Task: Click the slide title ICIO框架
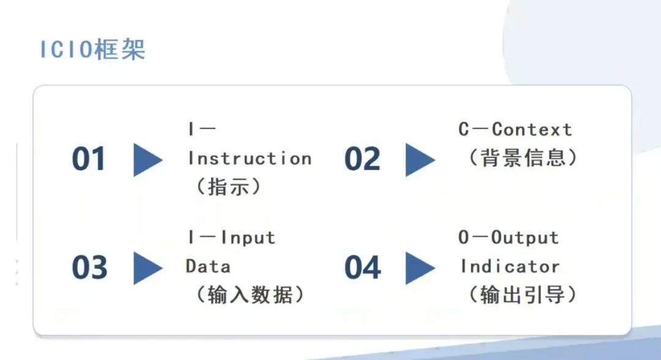coord(93,50)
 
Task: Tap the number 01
coord(89,159)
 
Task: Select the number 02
coord(362,159)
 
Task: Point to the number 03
coord(89,268)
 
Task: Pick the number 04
coord(362,268)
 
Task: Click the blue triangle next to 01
coord(148,160)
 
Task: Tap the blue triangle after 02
coord(420,160)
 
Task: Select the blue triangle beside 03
coord(148,268)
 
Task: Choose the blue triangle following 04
coord(420,268)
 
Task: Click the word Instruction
coord(250,159)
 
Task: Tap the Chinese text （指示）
coord(228,186)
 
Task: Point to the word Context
coord(532,129)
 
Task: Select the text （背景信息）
coord(523,158)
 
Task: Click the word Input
coord(248,238)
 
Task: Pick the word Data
coord(208,267)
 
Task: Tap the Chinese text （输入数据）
coord(250,294)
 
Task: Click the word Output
coord(525,238)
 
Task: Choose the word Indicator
coord(510,267)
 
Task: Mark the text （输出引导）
coord(523,294)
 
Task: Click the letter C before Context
coord(464,129)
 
